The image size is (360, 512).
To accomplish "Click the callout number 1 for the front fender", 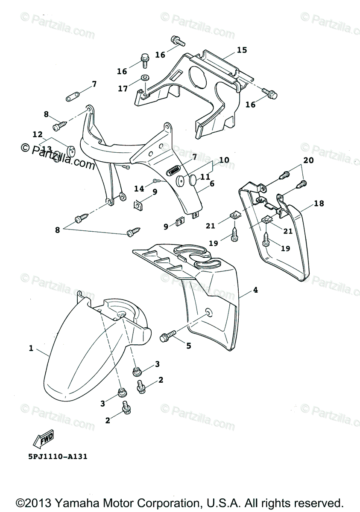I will [31, 349].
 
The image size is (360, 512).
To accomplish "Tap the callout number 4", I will [255, 290].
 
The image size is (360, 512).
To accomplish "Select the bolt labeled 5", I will [167, 335].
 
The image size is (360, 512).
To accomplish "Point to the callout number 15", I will [242, 50].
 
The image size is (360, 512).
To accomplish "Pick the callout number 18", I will [319, 204].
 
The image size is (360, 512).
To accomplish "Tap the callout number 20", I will [308, 160].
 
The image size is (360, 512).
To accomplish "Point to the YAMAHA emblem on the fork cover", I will [173, 169].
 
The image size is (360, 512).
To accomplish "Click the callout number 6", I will [212, 184].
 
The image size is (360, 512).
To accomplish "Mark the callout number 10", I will [224, 160].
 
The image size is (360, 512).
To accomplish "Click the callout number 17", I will [123, 89].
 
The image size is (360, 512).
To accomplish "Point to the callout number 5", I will [188, 346].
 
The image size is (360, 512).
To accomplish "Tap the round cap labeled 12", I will [70, 149].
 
